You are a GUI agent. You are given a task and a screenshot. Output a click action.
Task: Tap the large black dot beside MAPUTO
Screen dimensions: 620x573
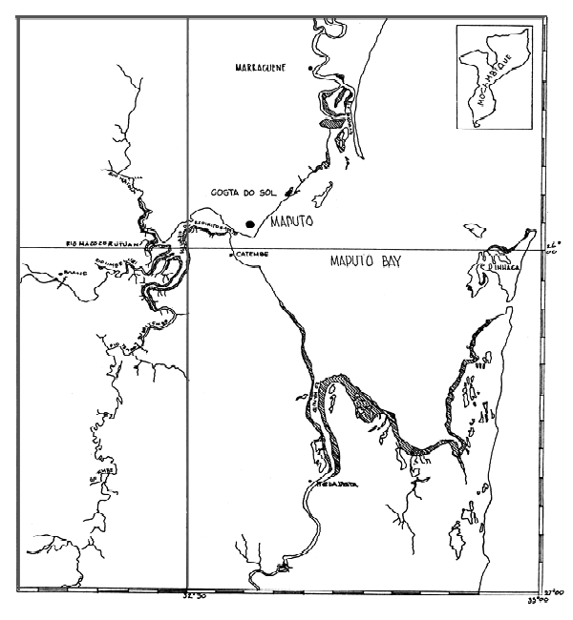coord(250,224)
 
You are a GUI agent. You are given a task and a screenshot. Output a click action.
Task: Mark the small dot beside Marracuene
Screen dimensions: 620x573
coord(308,69)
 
